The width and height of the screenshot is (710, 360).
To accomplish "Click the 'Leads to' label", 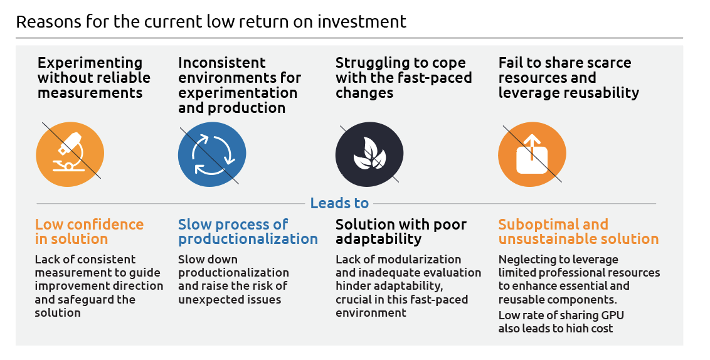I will pyautogui.click(x=339, y=203).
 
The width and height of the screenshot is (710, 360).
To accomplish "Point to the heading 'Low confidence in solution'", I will pyautogui.click(x=89, y=232).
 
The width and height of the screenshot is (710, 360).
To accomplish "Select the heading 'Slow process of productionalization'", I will pyautogui.click(x=248, y=232).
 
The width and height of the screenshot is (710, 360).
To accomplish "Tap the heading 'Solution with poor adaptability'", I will pyautogui.click(x=401, y=232).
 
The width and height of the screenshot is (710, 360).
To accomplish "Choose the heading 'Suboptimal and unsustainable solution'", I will pyautogui.click(x=578, y=232).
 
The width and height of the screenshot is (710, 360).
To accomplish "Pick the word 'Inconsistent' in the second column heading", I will pyautogui.click(x=222, y=63).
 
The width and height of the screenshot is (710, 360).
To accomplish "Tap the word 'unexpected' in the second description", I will pyautogui.click(x=206, y=299).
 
